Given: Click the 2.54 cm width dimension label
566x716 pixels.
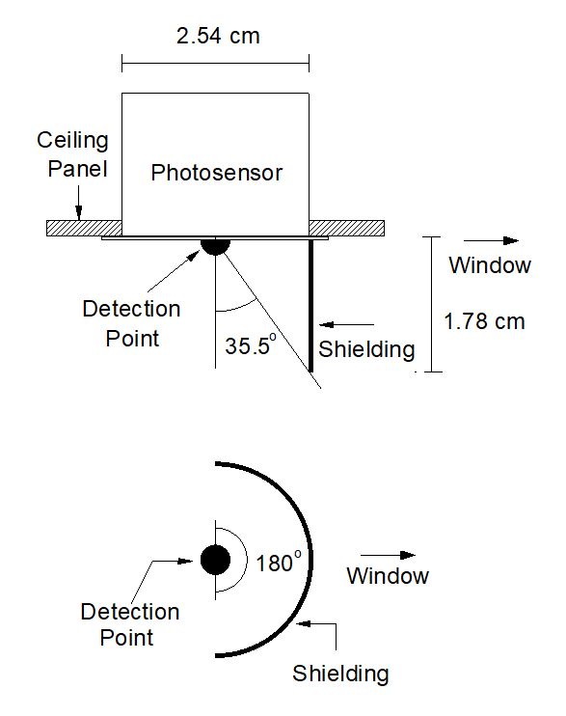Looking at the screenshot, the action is pos(218,36).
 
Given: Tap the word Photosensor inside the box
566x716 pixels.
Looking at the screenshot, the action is pos(217,173).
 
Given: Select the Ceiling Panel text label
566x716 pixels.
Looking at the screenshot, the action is pos(73,154).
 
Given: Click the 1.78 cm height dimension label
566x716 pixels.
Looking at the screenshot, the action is pos(484,321).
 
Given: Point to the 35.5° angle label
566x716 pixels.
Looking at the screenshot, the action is pos(251,344).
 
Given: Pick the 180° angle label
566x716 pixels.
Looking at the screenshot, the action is pos(279,563).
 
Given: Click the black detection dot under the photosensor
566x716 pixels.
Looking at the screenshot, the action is pos(215,246).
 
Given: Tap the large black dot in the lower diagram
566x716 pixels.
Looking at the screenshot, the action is pos(215,560).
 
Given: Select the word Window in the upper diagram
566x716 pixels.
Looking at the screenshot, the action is pos(490,265).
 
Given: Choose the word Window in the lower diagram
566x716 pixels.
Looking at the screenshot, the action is pos(388,576).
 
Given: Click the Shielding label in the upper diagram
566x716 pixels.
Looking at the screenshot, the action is pos(366,349).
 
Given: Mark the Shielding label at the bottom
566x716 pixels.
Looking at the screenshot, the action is pos(340,674).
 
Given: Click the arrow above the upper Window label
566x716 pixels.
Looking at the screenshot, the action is pos(491,240).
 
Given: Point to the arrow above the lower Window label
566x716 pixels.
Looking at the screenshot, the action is pos(388,555).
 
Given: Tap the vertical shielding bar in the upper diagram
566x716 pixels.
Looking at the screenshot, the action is pos(310,306).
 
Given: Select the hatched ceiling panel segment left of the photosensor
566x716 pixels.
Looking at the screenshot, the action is pos(85,229).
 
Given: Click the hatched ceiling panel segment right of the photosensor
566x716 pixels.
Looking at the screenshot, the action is pos(347,229).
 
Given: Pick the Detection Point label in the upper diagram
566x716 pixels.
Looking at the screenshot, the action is pos(131,324).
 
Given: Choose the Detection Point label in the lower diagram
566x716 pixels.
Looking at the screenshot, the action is pos(130,624).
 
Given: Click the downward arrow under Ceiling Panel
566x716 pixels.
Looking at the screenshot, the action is pos(78,204).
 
